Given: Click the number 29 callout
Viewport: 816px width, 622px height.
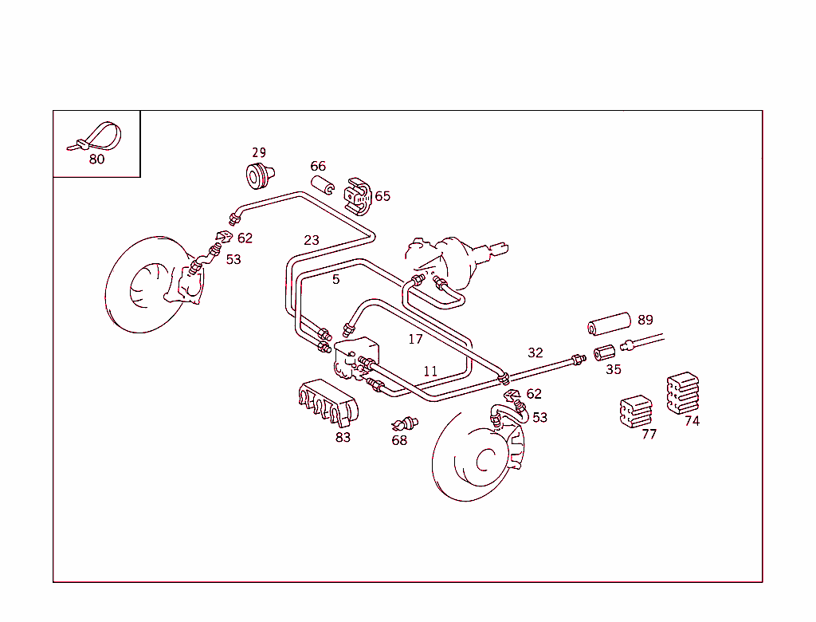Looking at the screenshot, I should (x=259, y=153).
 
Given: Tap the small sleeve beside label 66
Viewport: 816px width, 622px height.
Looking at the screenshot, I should (x=322, y=187).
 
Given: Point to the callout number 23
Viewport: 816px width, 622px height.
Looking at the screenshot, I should (x=312, y=240).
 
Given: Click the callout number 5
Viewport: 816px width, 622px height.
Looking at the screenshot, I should (x=336, y=279).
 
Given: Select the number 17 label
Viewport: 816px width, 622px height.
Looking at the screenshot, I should (x=415, y=339).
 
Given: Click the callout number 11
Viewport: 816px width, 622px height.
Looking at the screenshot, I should (x=430, y=372).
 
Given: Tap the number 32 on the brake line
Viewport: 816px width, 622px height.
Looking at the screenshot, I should (x=535, y=352).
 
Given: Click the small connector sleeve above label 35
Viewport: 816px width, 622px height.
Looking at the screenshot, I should (x=606, y=352).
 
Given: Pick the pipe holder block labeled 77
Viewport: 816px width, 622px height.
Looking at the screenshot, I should (x=635, y=410).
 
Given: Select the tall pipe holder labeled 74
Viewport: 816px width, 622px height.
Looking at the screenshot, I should (x=682, y=392).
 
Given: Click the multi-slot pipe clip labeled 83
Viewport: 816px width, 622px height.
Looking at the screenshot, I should (x=326, y=403).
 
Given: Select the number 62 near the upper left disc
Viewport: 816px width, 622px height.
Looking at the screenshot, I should (x=245, y=238).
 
